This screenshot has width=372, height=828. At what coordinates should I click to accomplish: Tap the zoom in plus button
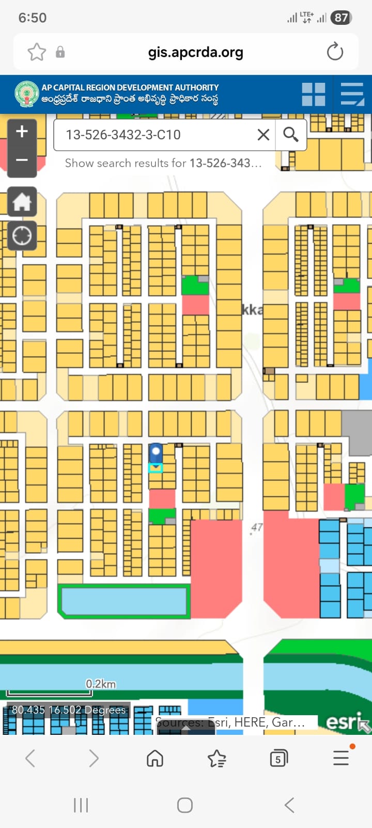tap(22, 132)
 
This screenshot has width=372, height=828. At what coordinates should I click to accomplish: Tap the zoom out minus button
tap(22, 160)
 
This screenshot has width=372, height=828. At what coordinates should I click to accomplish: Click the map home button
tap(22, 202)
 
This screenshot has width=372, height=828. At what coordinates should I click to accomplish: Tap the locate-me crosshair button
tap(22, 236)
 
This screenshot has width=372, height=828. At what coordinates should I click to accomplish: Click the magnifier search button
tap(291, 135)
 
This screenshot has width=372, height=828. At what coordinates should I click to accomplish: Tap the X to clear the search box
tap(263, 135)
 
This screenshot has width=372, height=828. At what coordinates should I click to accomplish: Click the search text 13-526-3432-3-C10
tap(123, 135)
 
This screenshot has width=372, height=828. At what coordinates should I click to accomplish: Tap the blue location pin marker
tap(156, 454)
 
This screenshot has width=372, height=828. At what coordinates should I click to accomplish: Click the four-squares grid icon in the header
tap(314, 94)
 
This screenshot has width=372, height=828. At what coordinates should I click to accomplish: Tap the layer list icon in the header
tap(352, 94)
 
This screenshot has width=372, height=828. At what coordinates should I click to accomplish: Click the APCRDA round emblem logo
tap(27, 94)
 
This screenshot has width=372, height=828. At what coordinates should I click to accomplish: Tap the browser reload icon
tap(335, 52)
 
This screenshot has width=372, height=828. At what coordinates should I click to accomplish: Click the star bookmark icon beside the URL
tap(37, 52)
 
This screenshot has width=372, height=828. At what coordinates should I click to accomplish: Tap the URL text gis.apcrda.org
tap(195, 52)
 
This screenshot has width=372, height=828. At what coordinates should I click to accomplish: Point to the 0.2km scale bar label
tap(101, 684)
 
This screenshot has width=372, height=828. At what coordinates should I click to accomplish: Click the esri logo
tap(343, 721)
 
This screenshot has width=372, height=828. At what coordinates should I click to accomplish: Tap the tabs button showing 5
tap(278, 759)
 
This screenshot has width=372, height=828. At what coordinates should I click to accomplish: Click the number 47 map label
tap(257, 527)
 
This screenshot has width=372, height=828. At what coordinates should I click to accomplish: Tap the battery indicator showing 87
tap(341, 18)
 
